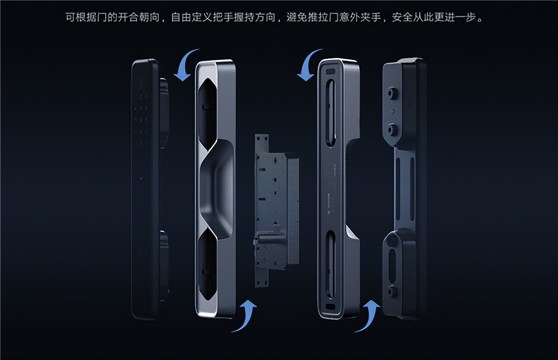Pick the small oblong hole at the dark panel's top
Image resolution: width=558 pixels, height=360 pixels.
[330, 72]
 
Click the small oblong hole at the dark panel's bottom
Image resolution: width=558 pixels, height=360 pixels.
[330, 307]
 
